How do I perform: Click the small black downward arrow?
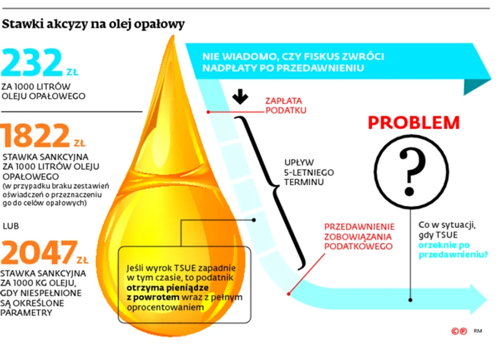(x=241, y=98)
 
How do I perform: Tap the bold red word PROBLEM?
(x=414, y=122)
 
